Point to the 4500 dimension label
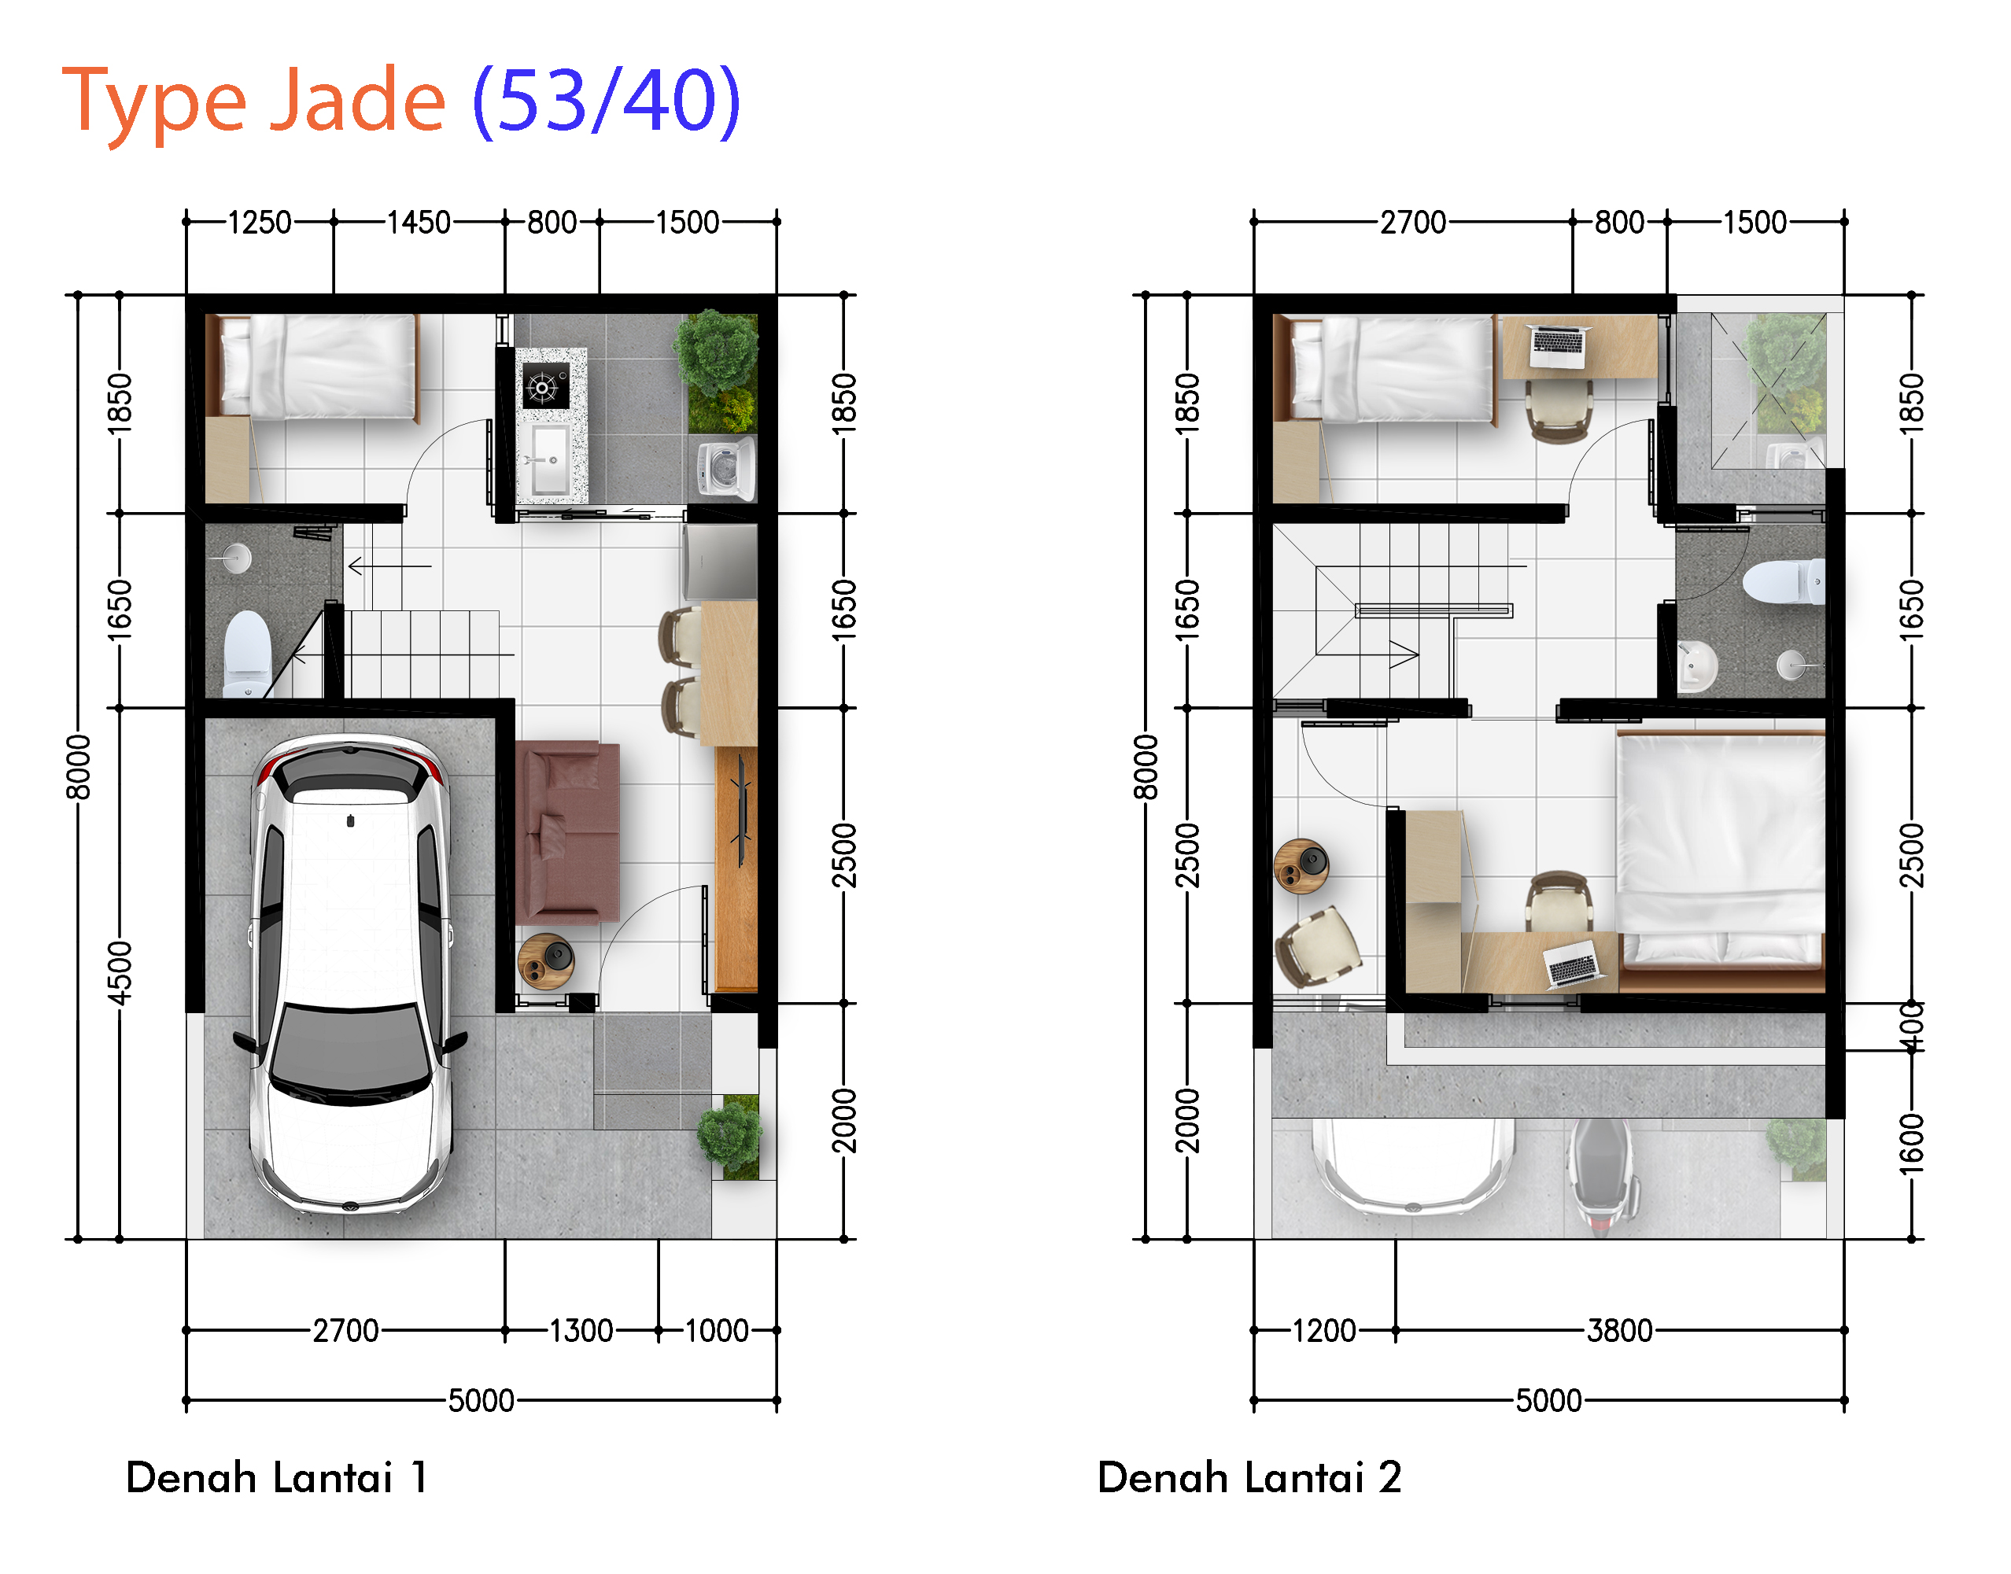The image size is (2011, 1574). [x=120, y=973]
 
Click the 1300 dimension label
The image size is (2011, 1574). [x=581, y=1331]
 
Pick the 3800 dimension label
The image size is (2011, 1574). [x=1619, y=1331]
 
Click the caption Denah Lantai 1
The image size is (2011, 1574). [x=276, y=1477]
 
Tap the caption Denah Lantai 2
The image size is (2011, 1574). [x=1249, y=1477]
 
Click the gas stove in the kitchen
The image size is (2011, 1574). [x=545, y=385]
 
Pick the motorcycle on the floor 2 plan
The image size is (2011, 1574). [x=1602, y=1176]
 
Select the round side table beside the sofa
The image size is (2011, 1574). [x=545, y=961]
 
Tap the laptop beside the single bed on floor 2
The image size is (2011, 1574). [x=1556, y=347]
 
